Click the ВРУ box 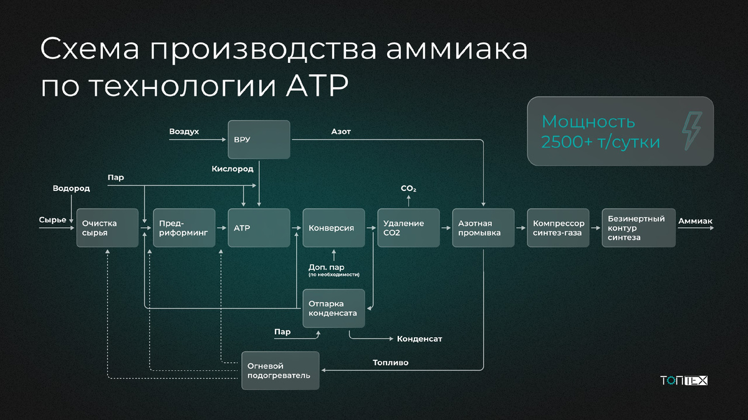coord(259,139)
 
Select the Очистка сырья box coord(107,228)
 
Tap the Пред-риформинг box coord(184,228)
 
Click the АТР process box coord(259,228)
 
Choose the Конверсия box coord(333,228)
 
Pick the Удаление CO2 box coord(408,228)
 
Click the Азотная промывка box coord(483,228)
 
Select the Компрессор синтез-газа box coord(558,228)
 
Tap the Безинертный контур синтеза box coord(638,228)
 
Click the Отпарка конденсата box coord(333,309)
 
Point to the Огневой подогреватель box coord(280,371)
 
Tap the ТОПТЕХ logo coord(684,380)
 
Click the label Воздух coord(184,132)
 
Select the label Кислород coord(233,169)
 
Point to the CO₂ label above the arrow coord(408,189)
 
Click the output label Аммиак coord(695,222)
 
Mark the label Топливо coord(391,362)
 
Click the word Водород coord(71,188)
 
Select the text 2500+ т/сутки coord(600,142)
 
